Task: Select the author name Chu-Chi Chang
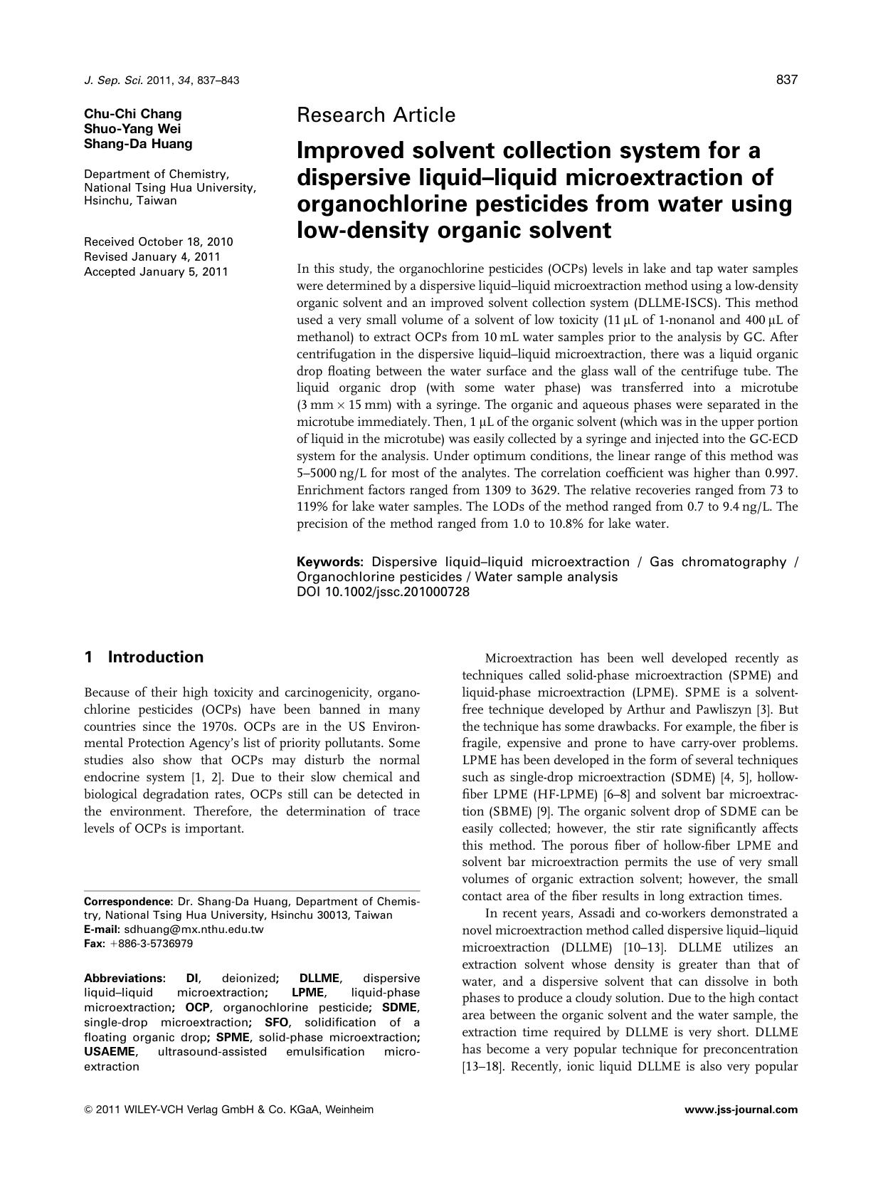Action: point(132,114)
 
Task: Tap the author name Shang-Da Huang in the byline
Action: point(138,144)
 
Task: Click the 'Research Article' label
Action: point(376,115)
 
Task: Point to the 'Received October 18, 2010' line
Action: point(158,242)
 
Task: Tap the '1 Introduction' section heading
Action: point(144,657)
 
